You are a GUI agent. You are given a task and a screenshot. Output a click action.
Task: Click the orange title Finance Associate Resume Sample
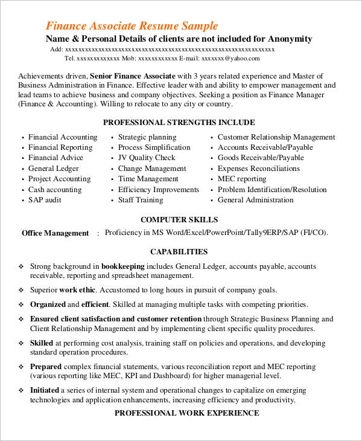coord(132,26)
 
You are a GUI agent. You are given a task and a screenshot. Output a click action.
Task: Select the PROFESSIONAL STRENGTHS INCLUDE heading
coord(179,122)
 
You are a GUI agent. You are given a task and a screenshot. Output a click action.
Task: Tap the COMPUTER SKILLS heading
coord(179,219)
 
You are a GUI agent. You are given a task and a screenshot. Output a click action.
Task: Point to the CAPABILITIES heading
coord(179,252)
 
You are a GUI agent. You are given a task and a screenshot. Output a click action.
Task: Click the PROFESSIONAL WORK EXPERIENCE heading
coord(186,413)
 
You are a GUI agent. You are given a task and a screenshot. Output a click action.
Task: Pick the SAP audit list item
coord(45,200)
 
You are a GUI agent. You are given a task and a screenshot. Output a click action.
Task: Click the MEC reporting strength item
coord(241,179)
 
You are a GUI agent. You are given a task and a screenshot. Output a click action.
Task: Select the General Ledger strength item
coord(53,169)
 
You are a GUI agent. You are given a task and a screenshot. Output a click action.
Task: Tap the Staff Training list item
coord(140,200)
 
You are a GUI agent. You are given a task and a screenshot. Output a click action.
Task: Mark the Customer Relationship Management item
coord(276,137)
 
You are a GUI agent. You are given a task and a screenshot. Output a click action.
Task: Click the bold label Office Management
coord(55,233)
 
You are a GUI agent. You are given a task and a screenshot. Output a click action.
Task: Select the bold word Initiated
coord(45,390)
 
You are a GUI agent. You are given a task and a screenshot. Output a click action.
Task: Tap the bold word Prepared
coord(46,367)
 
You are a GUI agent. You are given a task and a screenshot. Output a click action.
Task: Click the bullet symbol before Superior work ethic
coord(21,290)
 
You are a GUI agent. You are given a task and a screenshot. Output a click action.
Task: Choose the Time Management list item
coord(148,179)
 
